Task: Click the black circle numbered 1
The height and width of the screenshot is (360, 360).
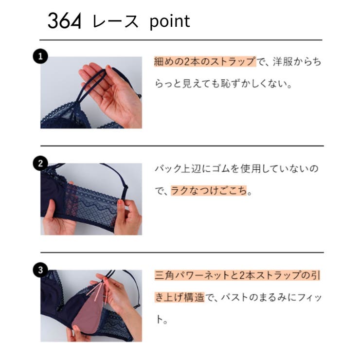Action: tap(39, 56)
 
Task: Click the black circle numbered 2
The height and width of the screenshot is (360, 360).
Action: tap(39, 163)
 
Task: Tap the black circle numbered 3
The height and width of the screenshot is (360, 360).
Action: tap(39, 269)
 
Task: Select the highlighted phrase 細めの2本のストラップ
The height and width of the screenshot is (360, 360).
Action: tap(205, 62)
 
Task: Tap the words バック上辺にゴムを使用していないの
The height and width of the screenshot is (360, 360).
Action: tap(236, 168)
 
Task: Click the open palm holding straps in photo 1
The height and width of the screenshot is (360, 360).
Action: tap(114, 90)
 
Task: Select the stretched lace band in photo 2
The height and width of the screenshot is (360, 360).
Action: tap(92, 204)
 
